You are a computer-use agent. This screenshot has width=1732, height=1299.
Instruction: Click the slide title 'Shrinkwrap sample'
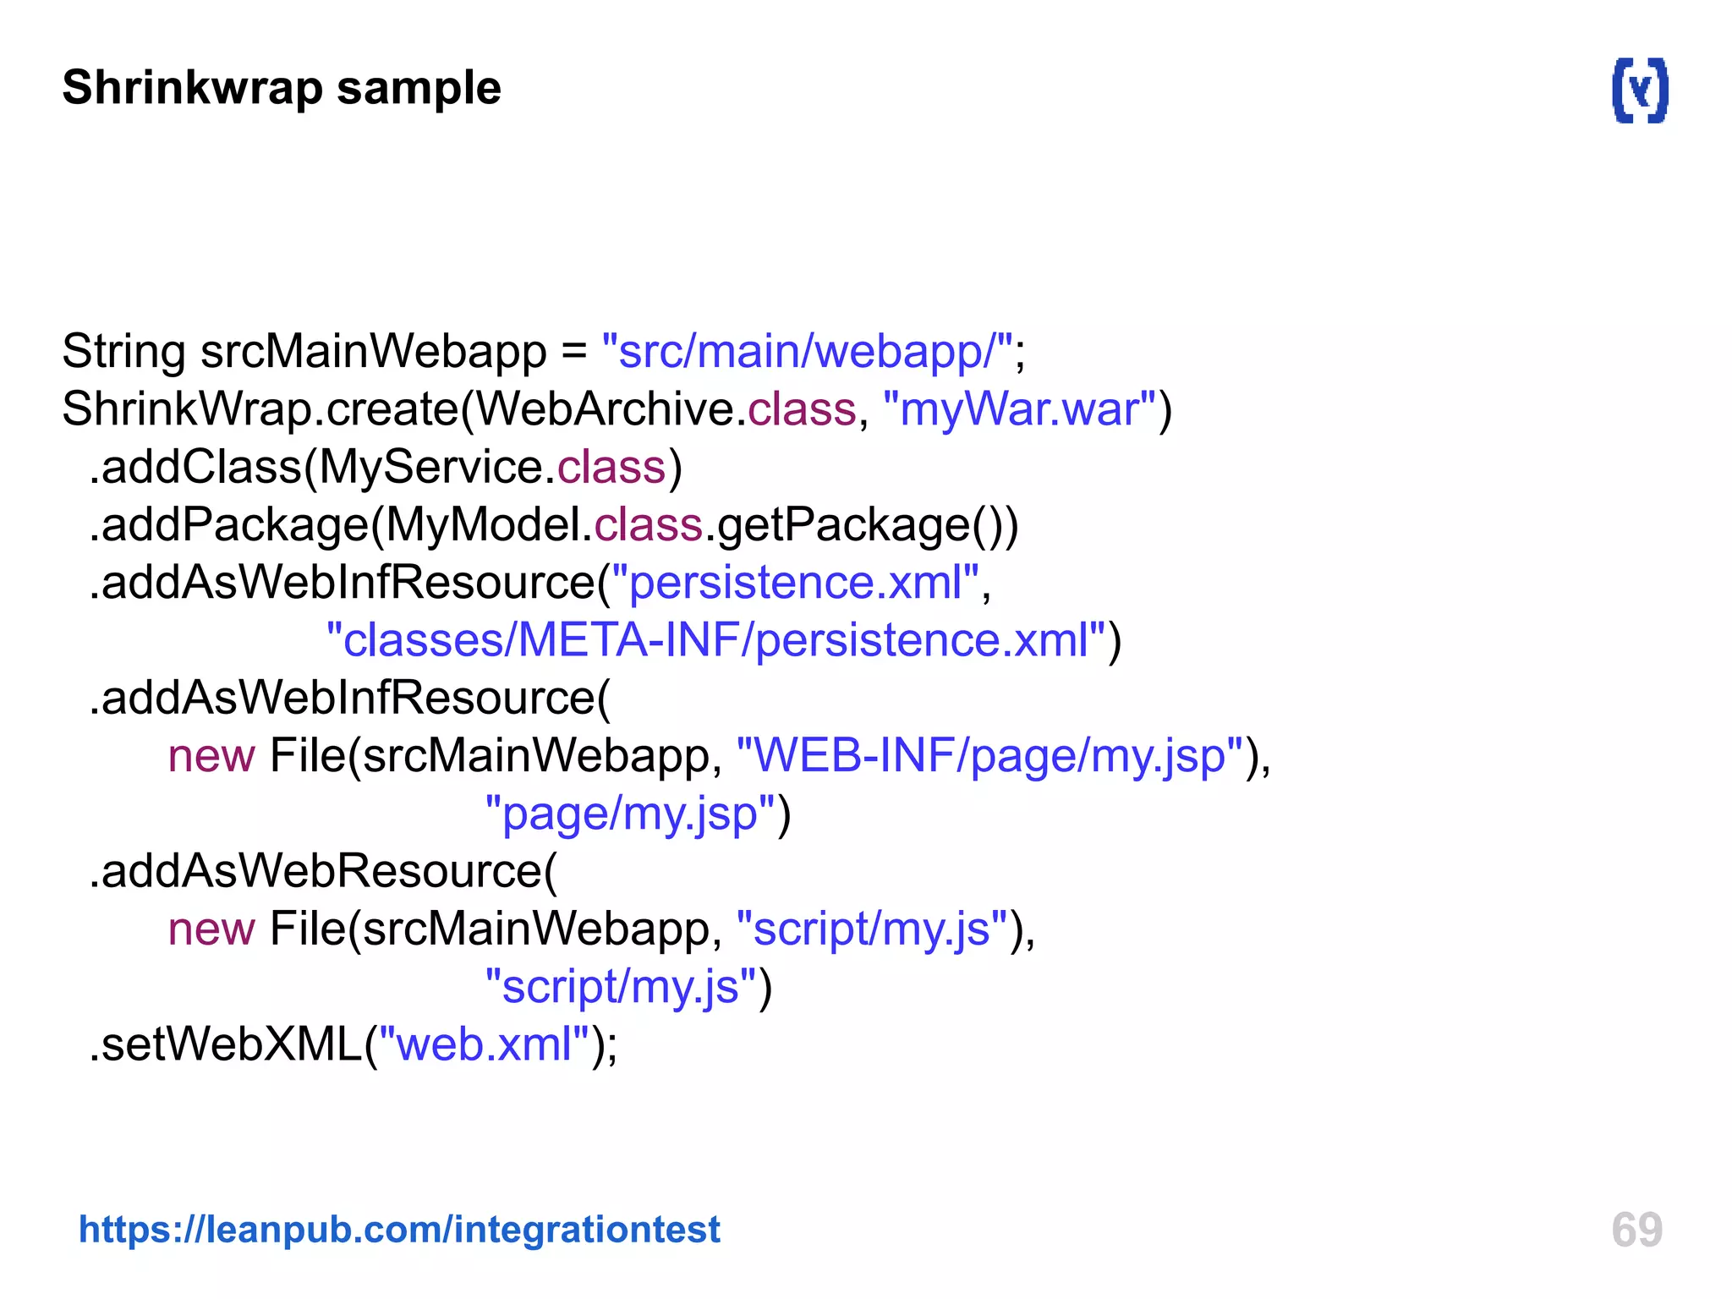(282, 88)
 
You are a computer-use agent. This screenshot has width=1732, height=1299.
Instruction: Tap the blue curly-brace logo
(1640, 90)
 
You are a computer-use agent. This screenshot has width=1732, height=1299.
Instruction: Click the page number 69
(1636, 1230)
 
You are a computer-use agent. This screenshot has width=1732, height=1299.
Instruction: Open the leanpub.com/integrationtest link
(399, 1230)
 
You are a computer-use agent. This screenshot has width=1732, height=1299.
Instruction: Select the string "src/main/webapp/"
(808, 352)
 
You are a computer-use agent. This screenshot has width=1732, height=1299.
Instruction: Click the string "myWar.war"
(1019, 409)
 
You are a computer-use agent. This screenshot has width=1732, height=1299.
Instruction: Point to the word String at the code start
(123, 352)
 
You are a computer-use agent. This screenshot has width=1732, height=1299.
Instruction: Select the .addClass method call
(195, 468)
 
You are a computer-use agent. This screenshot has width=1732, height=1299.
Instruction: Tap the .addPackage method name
(228, 525)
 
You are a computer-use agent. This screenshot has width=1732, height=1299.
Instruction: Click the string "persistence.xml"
(795, 583)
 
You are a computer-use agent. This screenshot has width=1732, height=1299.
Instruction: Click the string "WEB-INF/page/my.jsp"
(989, 756)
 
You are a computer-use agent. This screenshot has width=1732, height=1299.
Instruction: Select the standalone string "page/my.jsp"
(630, 814)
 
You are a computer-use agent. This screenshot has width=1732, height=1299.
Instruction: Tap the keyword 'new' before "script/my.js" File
(211, 929)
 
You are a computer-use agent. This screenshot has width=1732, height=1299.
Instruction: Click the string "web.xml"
(484, 1044)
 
